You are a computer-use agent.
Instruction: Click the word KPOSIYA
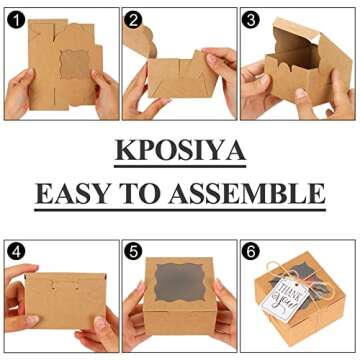[180, 149]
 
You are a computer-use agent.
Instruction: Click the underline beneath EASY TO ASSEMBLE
[180, 209]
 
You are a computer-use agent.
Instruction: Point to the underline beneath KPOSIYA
[180, 164]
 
